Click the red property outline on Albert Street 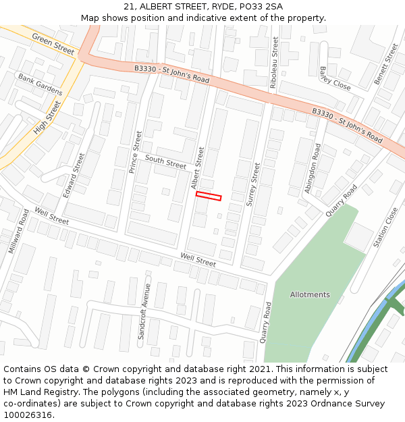(209, 196)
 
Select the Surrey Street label (255, 184)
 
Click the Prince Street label (136, 152)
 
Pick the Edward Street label (74, 175)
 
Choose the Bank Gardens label (40, 84)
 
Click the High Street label (47, 117)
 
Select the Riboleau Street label (273, 60)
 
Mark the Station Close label (386, 227)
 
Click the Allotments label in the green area (310, 294)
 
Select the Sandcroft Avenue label (144, 311)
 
